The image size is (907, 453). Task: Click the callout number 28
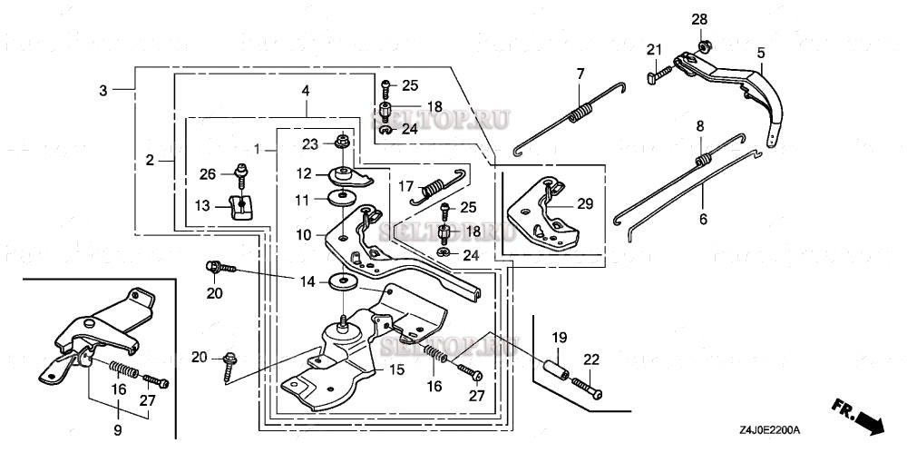click(x=701, y=20)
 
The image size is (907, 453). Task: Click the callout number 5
click(x=761, y=53)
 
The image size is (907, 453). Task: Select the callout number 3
click(x=104, y=90)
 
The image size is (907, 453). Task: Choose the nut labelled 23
click(x=344, y=142)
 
